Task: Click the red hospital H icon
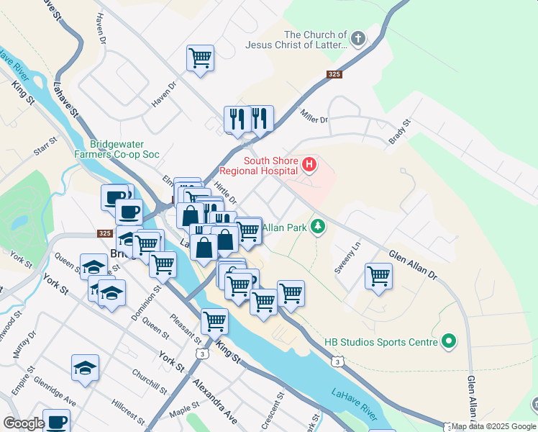click(309, 165)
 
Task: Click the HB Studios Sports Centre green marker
click(450, 341)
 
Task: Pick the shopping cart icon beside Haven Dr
click(200, 58)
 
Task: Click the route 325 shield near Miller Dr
click(334, 73)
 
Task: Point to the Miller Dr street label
click(314, 120)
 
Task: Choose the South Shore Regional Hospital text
click(259, 166)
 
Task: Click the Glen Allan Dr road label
click(413, 265)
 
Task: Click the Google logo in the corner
click(24, 423)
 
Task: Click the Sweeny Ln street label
click(347, 257)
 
